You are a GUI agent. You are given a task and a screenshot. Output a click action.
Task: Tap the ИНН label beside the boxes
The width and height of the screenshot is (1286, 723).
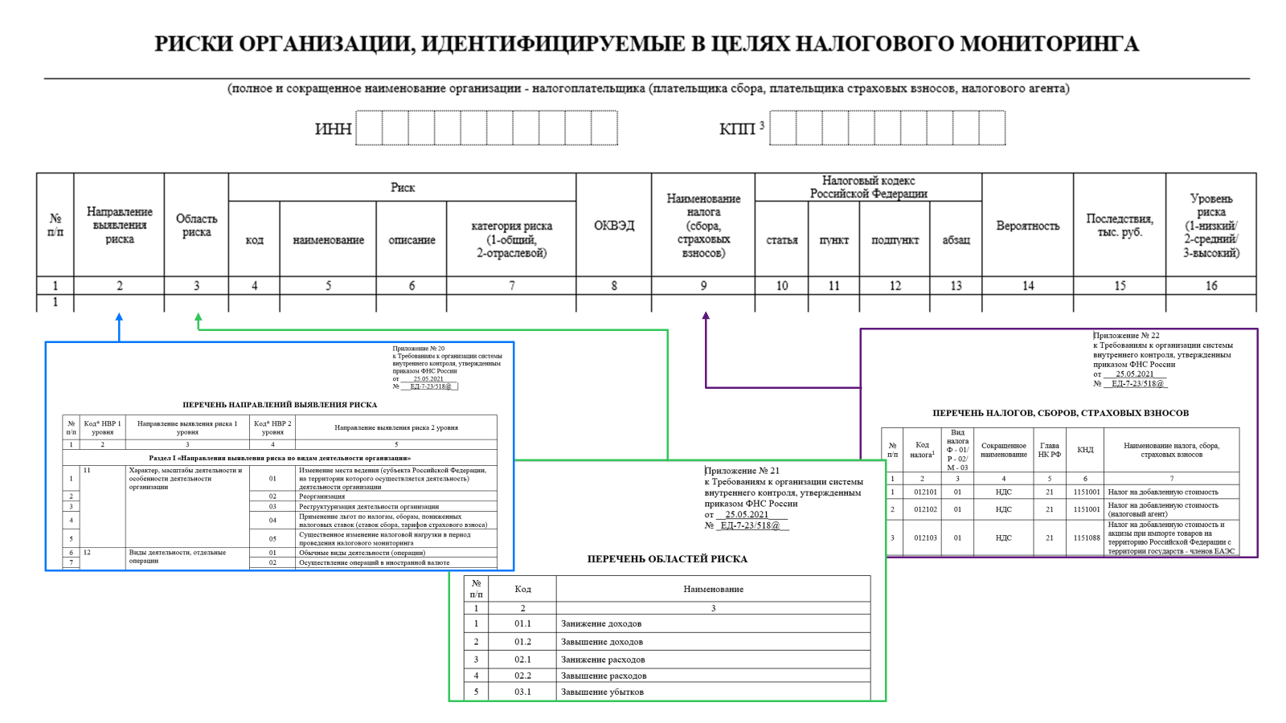pyautogui.click(x=333, y=129)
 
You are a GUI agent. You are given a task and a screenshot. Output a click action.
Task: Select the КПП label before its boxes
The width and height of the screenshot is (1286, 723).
pyautogui.click(x=737, y=129)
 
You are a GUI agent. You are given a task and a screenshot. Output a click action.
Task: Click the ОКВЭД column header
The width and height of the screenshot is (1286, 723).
pyautogui.click(x=614, y=226)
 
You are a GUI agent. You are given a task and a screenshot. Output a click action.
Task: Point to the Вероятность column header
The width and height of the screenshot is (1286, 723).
pyautogui.click(x=1027, y=226)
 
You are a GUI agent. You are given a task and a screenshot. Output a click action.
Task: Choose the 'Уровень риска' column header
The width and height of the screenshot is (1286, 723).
pyautogui.click(x=1210, y=225)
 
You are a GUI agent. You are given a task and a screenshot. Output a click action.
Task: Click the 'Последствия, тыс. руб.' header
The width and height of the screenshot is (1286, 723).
pyautogui.click(x=1120, y=225)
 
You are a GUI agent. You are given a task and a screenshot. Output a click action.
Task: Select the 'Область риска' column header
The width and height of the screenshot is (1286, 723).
pyautogui.click(x=196, y=225)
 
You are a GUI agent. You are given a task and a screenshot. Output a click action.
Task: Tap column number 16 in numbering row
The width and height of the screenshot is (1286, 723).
pyautogui.click(x=1210, y=285)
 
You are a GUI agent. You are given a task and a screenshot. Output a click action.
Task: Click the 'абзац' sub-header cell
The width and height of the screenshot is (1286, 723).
pyautogui.click(x=956, y=239)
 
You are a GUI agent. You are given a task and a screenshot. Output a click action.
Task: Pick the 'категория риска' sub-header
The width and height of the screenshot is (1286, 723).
pyautogui.click(x=511, y=239)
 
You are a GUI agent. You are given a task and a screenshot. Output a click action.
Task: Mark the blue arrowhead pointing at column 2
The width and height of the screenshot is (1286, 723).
pyautogui.click(x=119, y=318)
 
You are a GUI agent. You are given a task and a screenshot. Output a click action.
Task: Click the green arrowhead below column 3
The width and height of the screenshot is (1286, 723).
pyautogui.click(x=198, y=318)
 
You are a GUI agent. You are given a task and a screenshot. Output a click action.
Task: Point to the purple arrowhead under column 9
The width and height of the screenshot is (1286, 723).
pyautogui.click(x=706, y=317)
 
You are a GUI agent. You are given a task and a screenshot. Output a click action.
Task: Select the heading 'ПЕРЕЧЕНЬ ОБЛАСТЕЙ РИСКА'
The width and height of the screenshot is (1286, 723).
pyautogui.click(x=667, y=558)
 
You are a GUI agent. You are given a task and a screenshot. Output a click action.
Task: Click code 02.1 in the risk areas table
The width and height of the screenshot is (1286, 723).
pyautogui.click(x=522, y=659)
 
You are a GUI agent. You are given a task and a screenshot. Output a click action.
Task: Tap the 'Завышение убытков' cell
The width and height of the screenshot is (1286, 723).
pyautogui.click(x=602, y=691)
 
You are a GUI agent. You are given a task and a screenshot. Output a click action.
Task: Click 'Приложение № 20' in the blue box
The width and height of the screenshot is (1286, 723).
pyautogui.click(x=418, y=349)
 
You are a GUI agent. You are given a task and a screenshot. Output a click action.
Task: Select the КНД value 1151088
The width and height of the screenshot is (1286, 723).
pyautogui.click(x=1086, y=537)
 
